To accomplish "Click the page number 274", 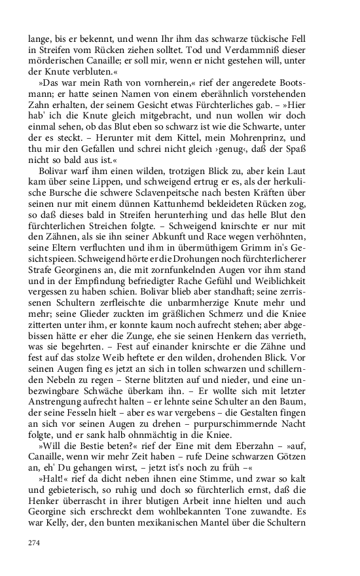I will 34,543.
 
